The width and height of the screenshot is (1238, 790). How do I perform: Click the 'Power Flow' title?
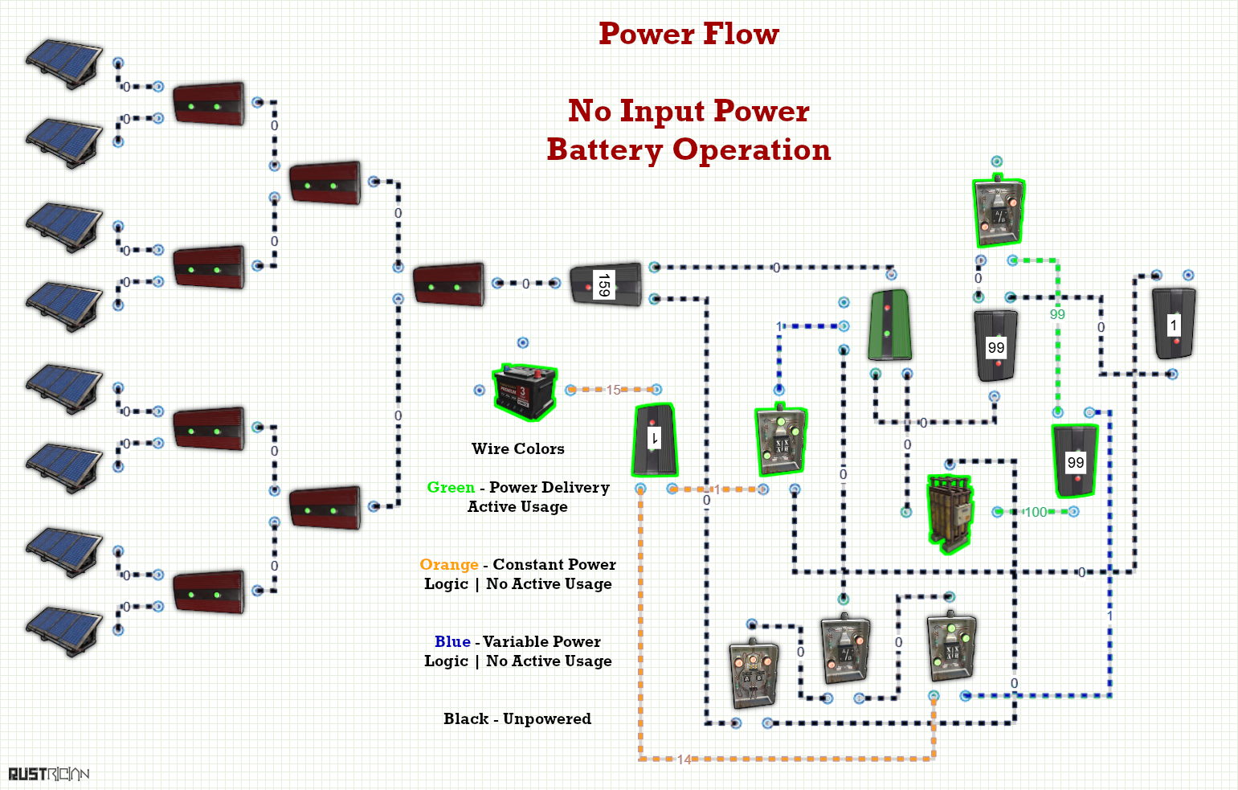(688, 35)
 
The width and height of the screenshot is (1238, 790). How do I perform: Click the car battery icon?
(525, 392)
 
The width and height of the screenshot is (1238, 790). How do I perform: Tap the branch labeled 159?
(607, 284)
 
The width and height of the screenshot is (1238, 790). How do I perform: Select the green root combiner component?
(889, 325)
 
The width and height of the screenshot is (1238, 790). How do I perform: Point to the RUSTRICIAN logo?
(49, 773)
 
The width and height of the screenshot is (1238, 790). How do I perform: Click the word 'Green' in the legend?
(451, 487)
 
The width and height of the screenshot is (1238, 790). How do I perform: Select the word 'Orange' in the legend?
(449, 564)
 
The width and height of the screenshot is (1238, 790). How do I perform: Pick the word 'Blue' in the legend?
(452, 641)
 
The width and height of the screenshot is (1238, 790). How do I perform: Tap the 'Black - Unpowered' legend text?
(517, 718)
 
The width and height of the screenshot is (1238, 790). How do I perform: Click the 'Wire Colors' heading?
(518, 448)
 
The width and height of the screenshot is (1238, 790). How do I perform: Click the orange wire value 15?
(614, 391)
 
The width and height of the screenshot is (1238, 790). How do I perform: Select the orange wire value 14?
(684, 759)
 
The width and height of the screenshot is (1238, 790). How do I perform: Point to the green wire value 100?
(1036, 513)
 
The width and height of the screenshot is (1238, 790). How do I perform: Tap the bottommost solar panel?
(64, 632)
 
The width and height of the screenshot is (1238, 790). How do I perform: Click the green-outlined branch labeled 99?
(1076, 461)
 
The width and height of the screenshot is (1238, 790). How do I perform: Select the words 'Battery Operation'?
(688, 149)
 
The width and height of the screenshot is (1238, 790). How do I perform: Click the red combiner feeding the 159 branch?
(449, 284)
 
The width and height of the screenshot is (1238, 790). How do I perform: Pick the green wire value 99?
(1057, 314)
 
